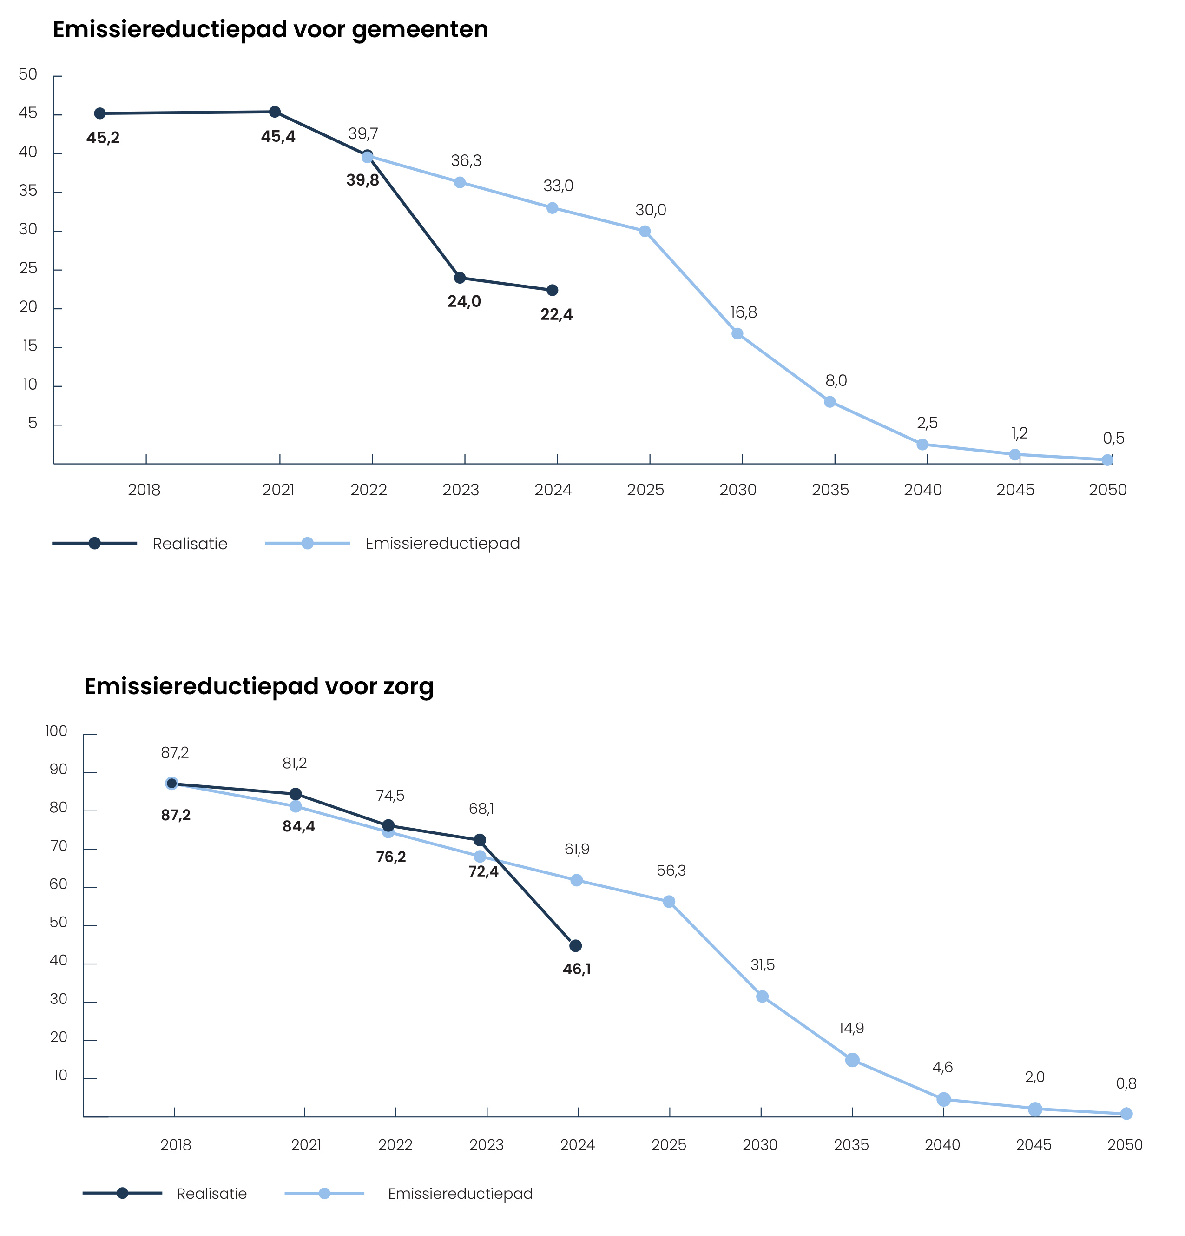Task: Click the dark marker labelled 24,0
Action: pos(460,278)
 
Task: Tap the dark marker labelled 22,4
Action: pos(552,290)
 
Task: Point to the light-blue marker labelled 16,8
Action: pos(737,333)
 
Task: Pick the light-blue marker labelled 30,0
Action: pos(645,232)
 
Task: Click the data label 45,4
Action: pos(278,137)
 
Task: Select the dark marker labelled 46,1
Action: pos(575,946)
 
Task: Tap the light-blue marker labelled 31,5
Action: pos(762,997)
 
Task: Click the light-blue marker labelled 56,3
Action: pos(669,902)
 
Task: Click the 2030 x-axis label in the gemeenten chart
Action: pos(737,490)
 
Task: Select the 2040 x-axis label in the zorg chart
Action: pos(942,1144)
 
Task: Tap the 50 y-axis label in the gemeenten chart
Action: pos(28,74)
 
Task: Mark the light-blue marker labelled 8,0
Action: pos(829,402)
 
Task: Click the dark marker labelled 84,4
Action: pos(295,794)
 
